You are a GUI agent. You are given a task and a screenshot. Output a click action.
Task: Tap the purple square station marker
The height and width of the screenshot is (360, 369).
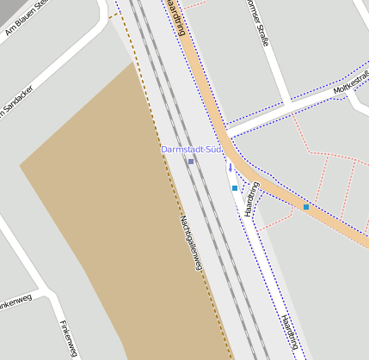tap(191, 162)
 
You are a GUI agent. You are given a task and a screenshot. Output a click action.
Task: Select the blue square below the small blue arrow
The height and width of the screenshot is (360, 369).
tap(234, 187)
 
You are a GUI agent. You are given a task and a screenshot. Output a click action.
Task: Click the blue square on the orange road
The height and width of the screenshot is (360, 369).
tap(306, 207)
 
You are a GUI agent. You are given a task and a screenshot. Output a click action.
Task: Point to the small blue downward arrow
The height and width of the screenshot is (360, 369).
tap(230, 168)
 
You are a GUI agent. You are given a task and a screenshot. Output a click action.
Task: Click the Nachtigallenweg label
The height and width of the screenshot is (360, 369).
tap(191, 242)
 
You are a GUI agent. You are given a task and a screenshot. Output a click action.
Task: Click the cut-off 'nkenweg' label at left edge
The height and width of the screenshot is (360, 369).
tap(15, 304)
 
